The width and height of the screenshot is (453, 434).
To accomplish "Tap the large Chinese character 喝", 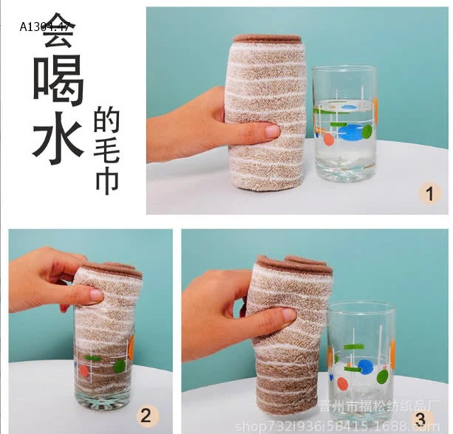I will point(57,82).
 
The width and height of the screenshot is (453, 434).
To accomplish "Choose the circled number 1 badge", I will point(429,195).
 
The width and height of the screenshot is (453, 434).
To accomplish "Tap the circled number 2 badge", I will point(146,414).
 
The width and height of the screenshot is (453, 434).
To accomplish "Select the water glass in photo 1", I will point(344,123).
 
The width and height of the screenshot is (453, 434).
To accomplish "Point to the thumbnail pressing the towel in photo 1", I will point(270,131).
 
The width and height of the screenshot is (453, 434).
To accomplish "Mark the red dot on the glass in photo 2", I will point(84,371).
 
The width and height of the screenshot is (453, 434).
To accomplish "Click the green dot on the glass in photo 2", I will point(119,366).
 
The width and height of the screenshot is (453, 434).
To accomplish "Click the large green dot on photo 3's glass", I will point(383,377).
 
